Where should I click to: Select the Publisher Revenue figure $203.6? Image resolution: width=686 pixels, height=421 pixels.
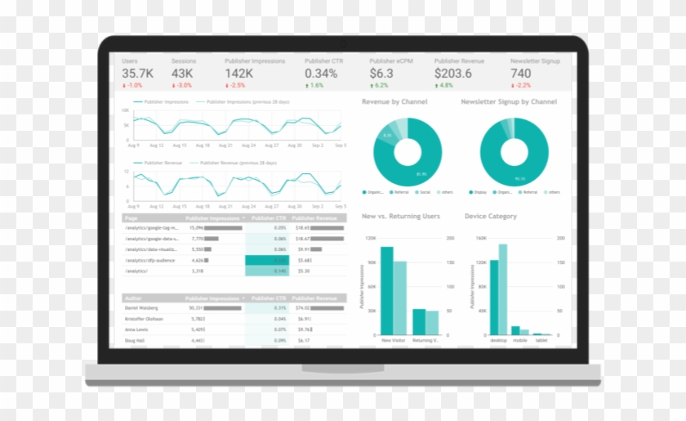[453, 74]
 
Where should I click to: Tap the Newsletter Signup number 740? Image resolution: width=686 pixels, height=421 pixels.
[520, 74]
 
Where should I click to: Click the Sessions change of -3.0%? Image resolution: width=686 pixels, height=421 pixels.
[183, 85]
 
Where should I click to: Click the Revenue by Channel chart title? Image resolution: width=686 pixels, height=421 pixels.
[394, 102]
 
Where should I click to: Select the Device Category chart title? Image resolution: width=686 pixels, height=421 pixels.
[490, 217]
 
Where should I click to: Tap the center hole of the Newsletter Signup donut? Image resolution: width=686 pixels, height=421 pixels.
[514, 153]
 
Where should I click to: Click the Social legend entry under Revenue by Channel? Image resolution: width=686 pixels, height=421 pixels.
[423, 192]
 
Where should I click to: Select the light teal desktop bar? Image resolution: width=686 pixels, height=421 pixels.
[502, 289]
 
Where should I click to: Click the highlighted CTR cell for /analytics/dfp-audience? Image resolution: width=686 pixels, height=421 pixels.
[267, 260]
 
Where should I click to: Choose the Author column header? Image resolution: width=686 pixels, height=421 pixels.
[133, 298]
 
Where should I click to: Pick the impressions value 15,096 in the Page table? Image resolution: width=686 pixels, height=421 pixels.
[197, 227]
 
